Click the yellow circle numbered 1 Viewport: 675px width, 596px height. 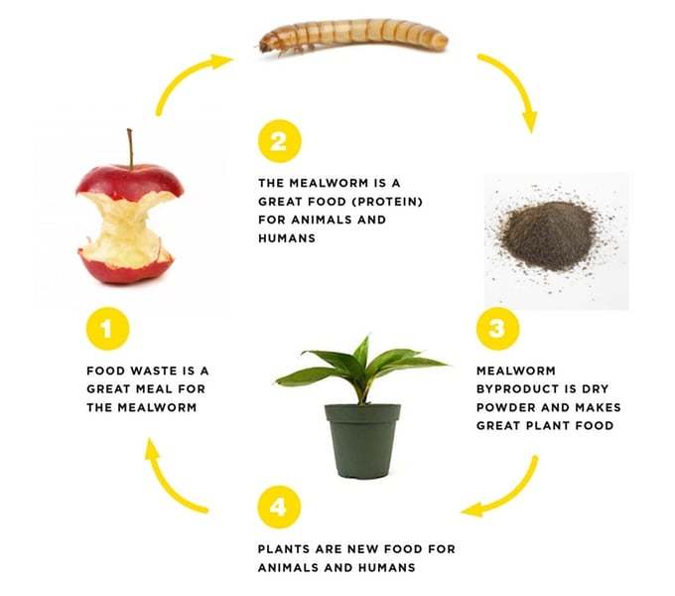[x=107, y=329]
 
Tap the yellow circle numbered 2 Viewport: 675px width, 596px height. [x=279, y=141]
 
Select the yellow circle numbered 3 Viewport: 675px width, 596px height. [x=497, y=329]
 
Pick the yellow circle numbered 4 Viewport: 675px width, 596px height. [x=279, y=507]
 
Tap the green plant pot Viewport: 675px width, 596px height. [x=362, y=441]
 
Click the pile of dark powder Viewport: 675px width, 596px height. [x=548, y=236]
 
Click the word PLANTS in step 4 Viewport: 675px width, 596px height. [x=284, y=549]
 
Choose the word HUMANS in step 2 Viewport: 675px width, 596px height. [x=287, y=238]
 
